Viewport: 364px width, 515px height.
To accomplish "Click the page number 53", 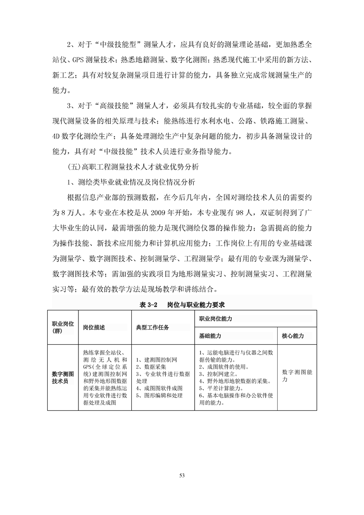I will click(182, 475).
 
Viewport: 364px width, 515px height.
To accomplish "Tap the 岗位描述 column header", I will click(94, 327).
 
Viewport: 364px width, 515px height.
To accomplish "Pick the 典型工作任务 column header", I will click(152, 327).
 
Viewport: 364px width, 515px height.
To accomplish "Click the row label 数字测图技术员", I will click(62, 377).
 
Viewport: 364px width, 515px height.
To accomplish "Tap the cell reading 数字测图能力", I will click(297, 376).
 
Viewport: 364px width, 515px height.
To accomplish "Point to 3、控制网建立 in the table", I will click(220, 374).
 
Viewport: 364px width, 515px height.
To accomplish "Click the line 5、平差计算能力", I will click(220, 388).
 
